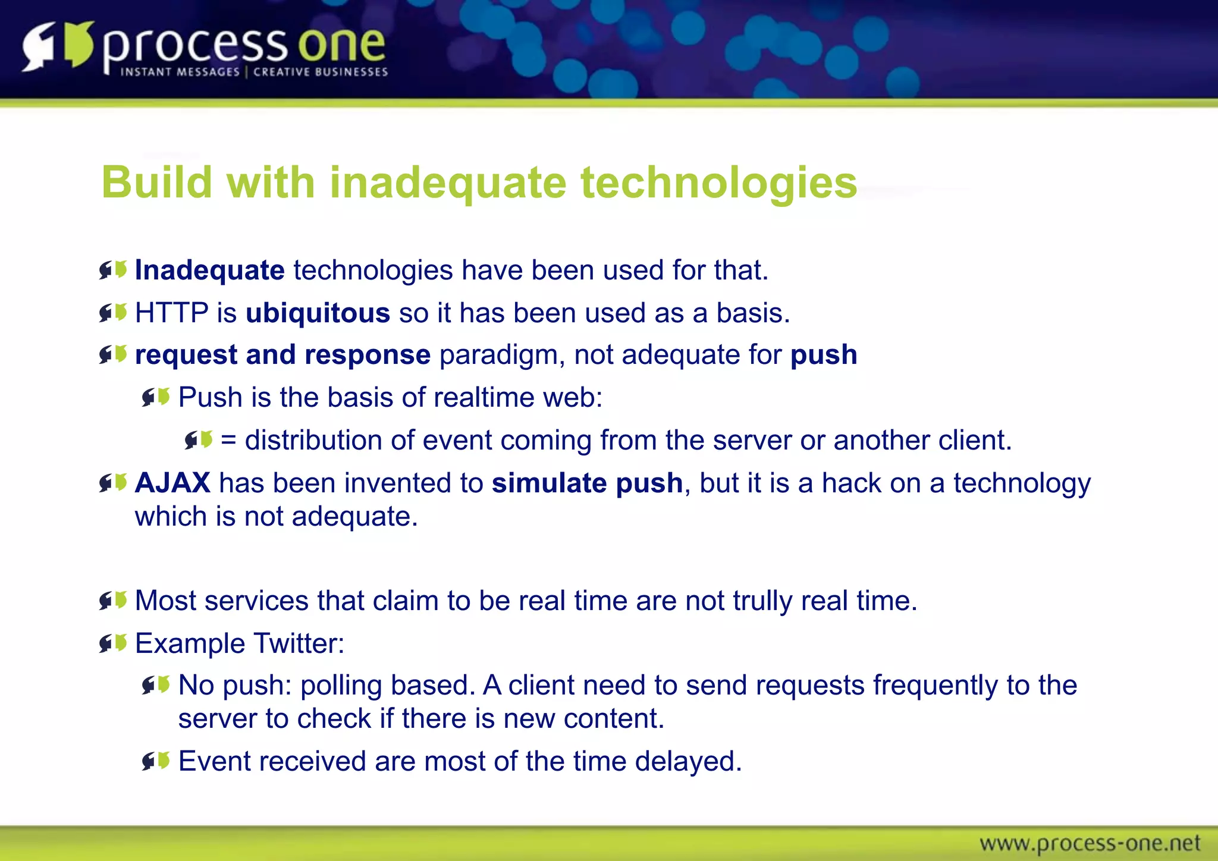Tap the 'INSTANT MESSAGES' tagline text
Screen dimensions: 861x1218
click(x=180, y=72)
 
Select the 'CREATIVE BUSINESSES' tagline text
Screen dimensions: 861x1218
click(x=321, y=72)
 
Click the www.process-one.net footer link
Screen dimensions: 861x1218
click(x=1090, y=843)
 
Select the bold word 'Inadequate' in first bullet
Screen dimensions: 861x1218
click(x=209, y=271)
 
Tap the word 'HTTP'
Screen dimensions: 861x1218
click(x=171, y=313)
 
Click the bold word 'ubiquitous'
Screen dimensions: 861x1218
click(x=318, y=313)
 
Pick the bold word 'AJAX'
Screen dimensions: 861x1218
click(x=172, y=482)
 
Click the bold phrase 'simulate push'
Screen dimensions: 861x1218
click(x=587, y=482)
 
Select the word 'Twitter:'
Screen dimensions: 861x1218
click(x=299, y=643)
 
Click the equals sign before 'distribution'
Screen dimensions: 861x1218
click(x=228, y=441)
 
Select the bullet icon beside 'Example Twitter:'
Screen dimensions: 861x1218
click(x=113, y=643)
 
